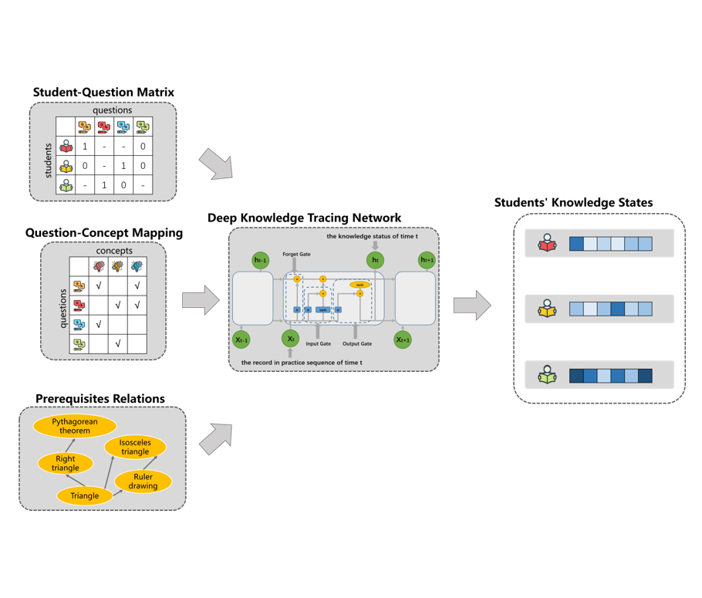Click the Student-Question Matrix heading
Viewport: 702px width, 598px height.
(x=103, y=93)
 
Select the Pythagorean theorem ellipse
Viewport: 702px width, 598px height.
(x=75, y=426)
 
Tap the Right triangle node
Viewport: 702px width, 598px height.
(x=66, y=464)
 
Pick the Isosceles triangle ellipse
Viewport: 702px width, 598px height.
(x=135, y=447)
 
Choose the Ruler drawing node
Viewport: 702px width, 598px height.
(x=143, y=481)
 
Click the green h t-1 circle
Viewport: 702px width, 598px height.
(x=261, y=261)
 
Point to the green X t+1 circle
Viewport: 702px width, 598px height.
(x=403, y=339)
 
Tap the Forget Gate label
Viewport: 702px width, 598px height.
(x=296, y=254)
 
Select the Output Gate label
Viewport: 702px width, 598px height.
(x=356, y=343)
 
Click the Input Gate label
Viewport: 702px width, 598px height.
(x=318, y=343)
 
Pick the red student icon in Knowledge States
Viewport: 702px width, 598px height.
(x=548, y=244)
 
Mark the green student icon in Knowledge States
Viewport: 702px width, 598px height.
(x=548, y=376)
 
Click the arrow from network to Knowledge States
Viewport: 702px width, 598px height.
(x=472, y=306)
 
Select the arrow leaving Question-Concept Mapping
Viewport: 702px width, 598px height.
(x=201, y=301)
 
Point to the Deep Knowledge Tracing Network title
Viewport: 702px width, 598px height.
(x=304, y=218)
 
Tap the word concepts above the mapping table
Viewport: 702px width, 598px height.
(x=114, y=251)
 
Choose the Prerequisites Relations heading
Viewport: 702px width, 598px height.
(x=100, y=399)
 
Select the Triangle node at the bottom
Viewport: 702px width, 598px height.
(x=85, y=495)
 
